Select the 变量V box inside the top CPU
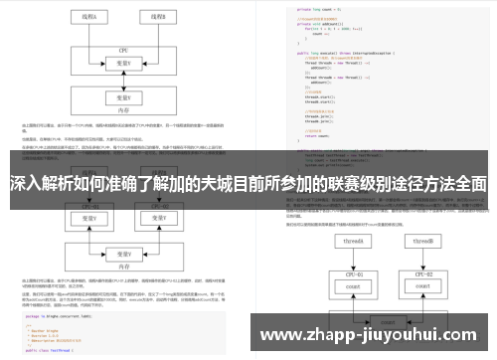click(123, 61)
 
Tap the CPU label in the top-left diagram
click(124, 48)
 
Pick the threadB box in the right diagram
click(426, 243)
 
